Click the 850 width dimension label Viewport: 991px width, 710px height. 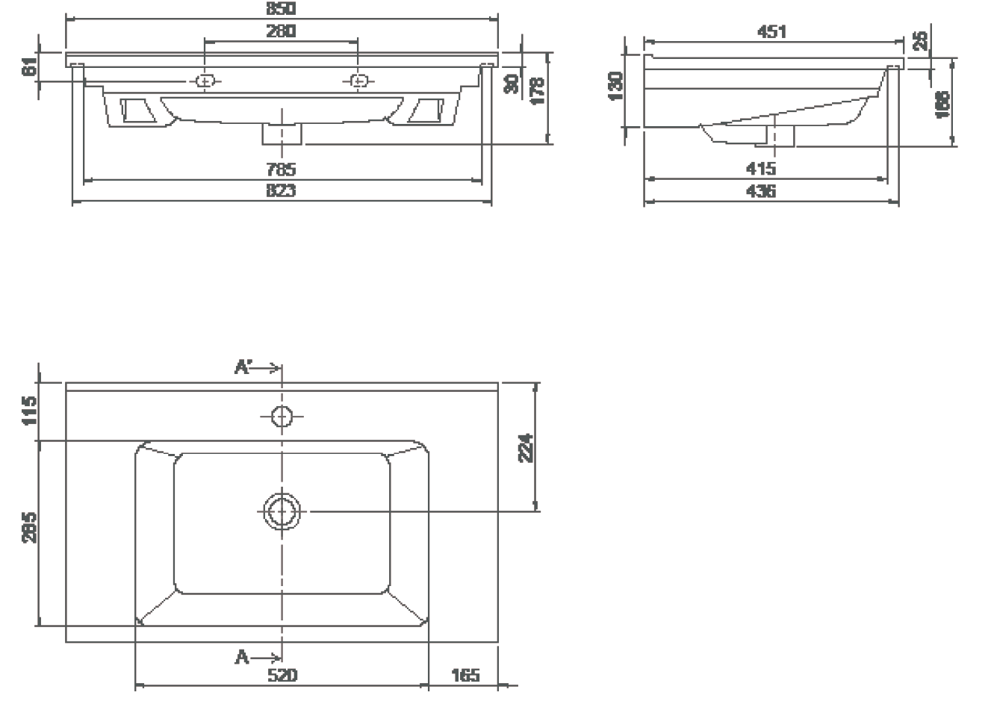tap(281, 9)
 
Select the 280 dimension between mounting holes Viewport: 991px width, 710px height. tap(281, 31)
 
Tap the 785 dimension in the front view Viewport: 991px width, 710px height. tap(281, 169)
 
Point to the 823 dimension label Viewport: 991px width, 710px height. tap(281, 191)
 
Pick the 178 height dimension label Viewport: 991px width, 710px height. tap(537, 90)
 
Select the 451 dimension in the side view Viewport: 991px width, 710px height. tap(771, 31)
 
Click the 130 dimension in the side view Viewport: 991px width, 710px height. tap(617, 87)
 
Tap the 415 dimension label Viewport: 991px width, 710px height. tap(760, 169)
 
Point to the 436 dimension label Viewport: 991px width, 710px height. tap(760, 192)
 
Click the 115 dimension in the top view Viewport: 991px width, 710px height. tap(30, 411)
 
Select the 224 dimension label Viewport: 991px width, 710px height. tap(526, 447)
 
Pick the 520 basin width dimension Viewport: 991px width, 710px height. tap(282, 676)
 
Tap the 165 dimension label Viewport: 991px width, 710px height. tap(465, 676)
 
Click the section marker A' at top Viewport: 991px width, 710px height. tap(244, 367)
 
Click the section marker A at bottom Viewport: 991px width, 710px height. tap(242, 658)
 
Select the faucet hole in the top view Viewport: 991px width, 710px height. tap(282, 416)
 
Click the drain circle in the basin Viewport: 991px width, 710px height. tap(282, 511)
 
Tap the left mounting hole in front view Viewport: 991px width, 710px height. tap(205, 81)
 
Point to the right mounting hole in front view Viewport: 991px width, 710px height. tap(358, 81)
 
